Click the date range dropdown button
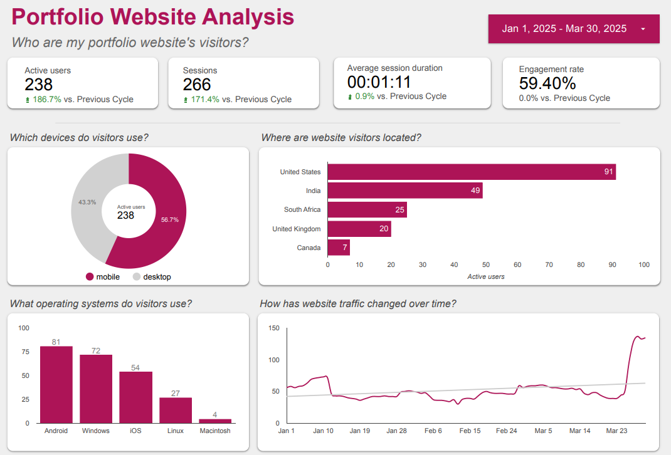pos(573,29)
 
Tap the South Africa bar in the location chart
pos(367,210)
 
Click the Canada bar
pos(339,248)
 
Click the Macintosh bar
pos(215,421)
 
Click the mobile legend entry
pos(103,277)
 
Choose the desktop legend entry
pos(152,277)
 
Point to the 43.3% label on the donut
pos(87,202)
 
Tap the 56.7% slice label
pos(170,220)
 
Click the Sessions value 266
pos(197,85)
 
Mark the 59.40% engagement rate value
pos(547,83)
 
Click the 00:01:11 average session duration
pos(379,82)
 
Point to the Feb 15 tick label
pos(470,431)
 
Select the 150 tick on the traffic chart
pos(273,328)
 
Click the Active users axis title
pos(486,276)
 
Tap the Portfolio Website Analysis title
pos(153,17)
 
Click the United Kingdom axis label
pos(297,229)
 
